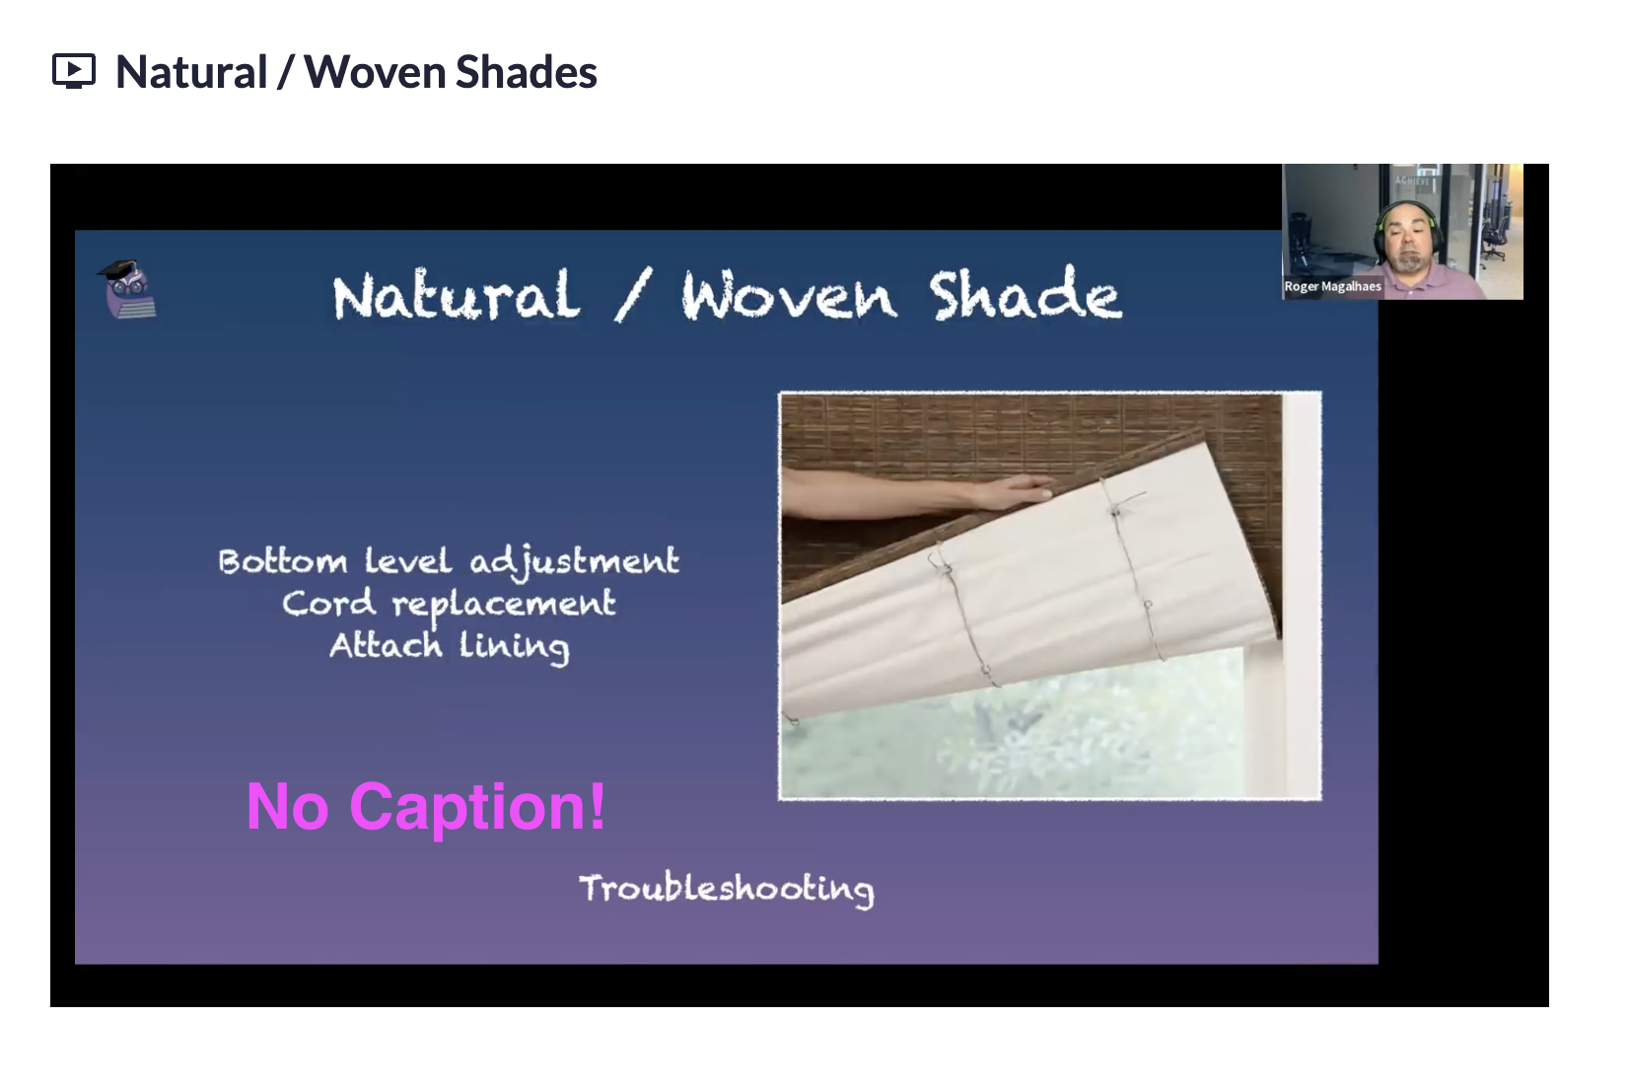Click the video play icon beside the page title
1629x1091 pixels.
click(73, 71)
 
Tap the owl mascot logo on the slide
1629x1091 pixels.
click(127, 289)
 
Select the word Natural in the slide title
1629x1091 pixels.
click(456, 295)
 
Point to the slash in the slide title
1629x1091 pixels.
click(633, 295)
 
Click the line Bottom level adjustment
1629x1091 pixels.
click(449, 562)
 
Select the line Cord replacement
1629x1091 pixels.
click(449, 605)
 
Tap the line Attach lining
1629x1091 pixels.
click(450, 646)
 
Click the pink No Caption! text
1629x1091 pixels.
click(426, 806)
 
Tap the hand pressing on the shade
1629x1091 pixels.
click(1011, 491)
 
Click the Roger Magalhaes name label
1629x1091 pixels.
click(1332, 287)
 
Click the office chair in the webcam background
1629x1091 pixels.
click(1492, 239)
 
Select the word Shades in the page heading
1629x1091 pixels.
click(527, 72)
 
